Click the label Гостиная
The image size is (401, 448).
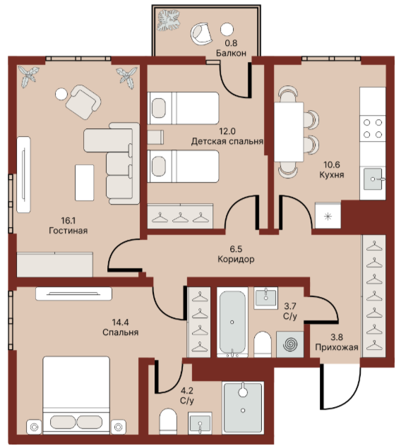tap(68, 230)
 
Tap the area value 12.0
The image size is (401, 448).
tap(227, 131)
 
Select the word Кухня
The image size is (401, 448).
tap(332, 174)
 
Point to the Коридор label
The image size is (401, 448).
tap(236, 259)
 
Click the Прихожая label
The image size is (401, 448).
tap(337, 347)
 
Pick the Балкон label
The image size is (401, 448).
tap(231, 53)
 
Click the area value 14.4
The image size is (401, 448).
tap(120, 322)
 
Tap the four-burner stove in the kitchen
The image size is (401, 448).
tap(373, 128)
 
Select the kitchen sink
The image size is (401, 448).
tap(373, 179)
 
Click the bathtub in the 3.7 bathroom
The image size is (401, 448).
tap(232, 322)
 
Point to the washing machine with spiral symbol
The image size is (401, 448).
tap(290, 344)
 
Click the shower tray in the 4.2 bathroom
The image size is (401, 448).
tap(243, 407)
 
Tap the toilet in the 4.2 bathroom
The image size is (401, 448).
tap(168, 421)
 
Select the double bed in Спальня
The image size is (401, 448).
tap(76, 395)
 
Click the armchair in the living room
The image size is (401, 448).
tap(83, 102)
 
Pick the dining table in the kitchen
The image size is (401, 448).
tap(289, 132)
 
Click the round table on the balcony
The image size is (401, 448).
tap(227, 30)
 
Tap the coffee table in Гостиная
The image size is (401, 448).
tap(85, 183)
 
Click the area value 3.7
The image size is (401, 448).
tap(290, 306)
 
